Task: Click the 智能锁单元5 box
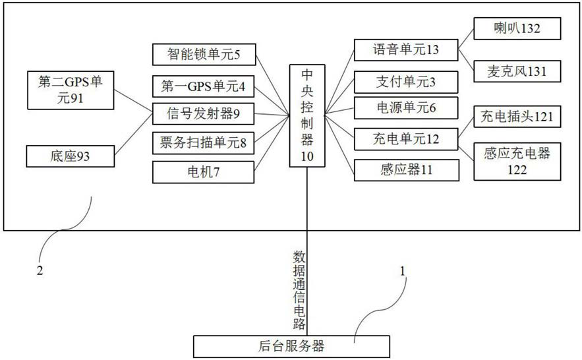[x=203, y=54]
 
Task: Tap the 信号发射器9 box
[x=203, y=113]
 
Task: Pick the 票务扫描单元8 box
[x=203, y=141]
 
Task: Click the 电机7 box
[x=203, y=171]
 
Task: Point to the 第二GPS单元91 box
[x=71, y=90]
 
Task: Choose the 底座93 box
[x=71, y=157]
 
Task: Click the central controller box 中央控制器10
[x=307, y=115]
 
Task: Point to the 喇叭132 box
[x=517, y=29]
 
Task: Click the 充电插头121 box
[x=517, y=117]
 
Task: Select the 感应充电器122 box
[x=517, y=161]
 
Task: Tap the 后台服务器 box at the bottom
[x=289, y=345]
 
